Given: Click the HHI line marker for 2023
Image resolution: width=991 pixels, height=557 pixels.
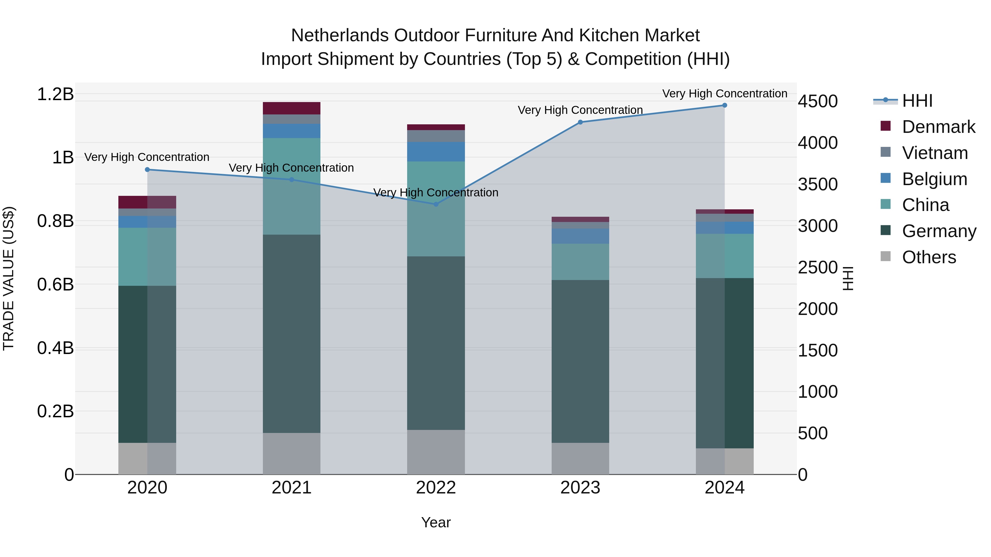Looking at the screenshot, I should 580,122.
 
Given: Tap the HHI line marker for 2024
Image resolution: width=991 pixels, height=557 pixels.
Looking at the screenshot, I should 725,105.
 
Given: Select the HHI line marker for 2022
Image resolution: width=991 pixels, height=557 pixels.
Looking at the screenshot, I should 436,204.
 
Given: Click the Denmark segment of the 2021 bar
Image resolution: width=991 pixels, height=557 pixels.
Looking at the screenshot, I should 291,108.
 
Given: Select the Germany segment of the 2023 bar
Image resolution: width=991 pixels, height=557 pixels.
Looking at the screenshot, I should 580,361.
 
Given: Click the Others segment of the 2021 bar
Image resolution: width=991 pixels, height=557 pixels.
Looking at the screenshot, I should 291,454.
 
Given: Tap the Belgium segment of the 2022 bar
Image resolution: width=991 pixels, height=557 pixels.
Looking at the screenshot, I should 436,152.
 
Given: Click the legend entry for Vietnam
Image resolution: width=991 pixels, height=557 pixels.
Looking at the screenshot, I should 935,153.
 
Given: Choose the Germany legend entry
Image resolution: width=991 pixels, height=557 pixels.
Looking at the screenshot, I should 939,231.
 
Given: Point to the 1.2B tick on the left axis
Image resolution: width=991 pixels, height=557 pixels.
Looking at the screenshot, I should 55,94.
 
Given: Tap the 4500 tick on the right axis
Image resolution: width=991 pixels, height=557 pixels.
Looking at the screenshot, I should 818,101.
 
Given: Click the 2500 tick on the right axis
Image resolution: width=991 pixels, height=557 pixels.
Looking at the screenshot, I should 818,268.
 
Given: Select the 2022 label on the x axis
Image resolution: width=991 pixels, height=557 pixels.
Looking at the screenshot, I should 436,488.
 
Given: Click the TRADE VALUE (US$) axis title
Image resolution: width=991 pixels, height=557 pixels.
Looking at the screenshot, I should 9,278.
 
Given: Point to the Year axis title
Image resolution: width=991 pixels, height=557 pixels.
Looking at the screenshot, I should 436,522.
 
